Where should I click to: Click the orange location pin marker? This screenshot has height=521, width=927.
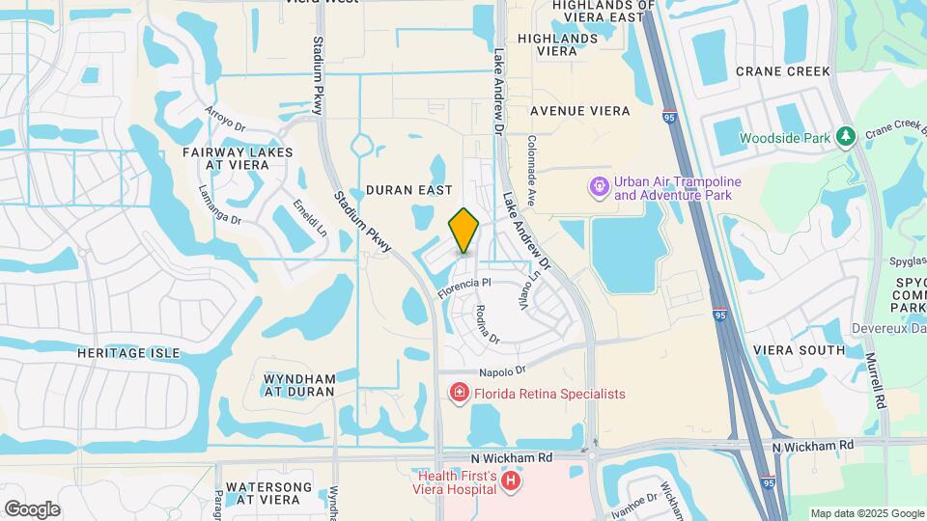pyautogui.click(x=464, y=231)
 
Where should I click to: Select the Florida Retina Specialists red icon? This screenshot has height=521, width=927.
pyautogui.click(x=459, y=393)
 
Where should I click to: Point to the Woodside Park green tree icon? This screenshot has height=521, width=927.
pyautogui.click(x=847, y=137)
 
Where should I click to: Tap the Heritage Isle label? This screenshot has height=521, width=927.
pyautogui.click(x=127, y=353)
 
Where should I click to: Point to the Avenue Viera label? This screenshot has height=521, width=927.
pyautogui.click(x=579, y=111)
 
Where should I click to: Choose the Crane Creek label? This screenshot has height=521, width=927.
pyautogui.click(x=782, y=71)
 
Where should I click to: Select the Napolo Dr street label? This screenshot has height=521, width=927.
pyautogui.click(x=501, y=370)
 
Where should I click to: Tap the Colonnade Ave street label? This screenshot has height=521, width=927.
pyautogui.click(x=531, y=160)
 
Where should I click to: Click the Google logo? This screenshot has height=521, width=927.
pyautogui.click(x=32, y=509)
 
